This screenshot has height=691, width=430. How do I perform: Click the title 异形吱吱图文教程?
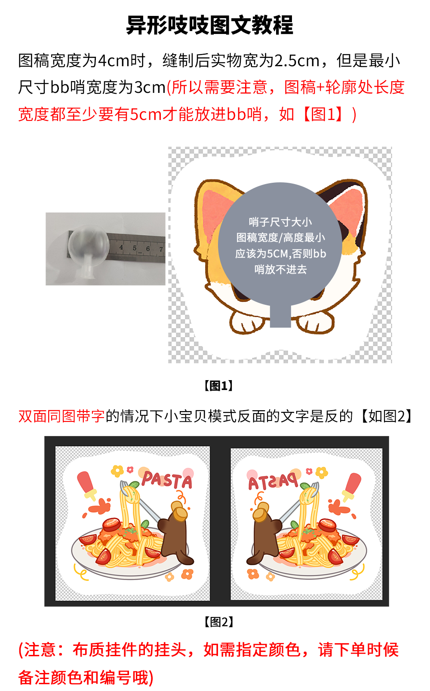[209, 25]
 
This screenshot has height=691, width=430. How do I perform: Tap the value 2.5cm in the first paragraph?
[297, 61]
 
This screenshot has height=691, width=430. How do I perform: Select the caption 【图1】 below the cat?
[218, 386]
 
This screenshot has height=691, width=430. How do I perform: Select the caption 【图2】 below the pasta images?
[218, 622]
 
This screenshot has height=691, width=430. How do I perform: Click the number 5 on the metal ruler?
[135, 248]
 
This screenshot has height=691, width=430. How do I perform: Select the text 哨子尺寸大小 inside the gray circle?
[280, 222]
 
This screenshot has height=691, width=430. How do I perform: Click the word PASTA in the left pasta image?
[167, 480]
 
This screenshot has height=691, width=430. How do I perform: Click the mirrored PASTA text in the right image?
[273, 482]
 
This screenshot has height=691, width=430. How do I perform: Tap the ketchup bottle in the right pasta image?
[351, 485]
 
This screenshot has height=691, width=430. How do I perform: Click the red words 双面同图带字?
[61, 416]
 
